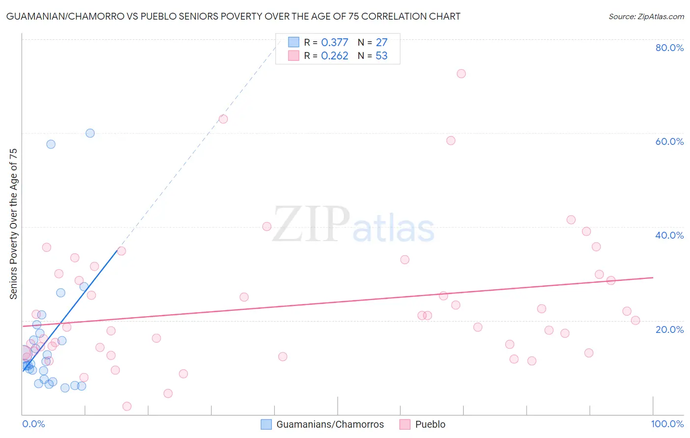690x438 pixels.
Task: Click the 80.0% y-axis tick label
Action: [669, 48]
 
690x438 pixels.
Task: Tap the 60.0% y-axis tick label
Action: [669, 141]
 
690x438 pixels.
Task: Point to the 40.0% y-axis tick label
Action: [669, 235]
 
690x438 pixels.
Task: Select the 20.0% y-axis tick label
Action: [669, 329]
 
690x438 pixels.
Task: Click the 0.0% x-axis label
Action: [33, 424]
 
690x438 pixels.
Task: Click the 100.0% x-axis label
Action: [667, 424]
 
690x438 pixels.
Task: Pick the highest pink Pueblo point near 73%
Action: [461, 74]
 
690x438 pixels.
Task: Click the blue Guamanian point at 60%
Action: [90, 133]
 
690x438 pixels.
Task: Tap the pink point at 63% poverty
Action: [223, 119]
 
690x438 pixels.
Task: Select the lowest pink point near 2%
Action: [127, 406]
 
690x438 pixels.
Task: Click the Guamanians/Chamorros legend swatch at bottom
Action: [266, 424]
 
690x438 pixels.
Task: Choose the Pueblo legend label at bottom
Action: [430, 424]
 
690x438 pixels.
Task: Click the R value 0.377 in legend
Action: [334, 43]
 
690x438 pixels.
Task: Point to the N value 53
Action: [381, 56]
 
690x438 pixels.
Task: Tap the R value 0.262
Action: [334, 56]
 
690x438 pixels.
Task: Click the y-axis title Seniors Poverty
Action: [13, 223]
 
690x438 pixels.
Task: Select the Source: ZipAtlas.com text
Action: [646, 17]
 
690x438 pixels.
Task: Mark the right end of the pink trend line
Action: [653, 277]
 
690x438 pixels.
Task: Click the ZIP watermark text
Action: [311, 224]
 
